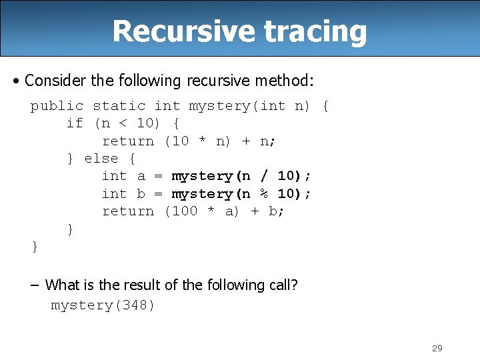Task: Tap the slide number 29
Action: tap(437, 348)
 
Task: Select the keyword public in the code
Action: tap(57, 105)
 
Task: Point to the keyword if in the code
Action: tap(75, 123)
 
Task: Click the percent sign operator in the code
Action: tap(264, 193)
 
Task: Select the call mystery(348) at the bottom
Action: tap(103, 305)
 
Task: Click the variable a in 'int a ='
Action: tap(141, 176)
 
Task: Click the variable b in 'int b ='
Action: tap(141, 193)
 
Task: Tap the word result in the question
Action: tap(141, 285)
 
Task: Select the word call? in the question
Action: tap(283, 285)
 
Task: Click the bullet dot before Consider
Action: tap(15, 81)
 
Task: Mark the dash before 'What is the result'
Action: tap(34, 285)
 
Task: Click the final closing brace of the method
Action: tap(35, 246)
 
